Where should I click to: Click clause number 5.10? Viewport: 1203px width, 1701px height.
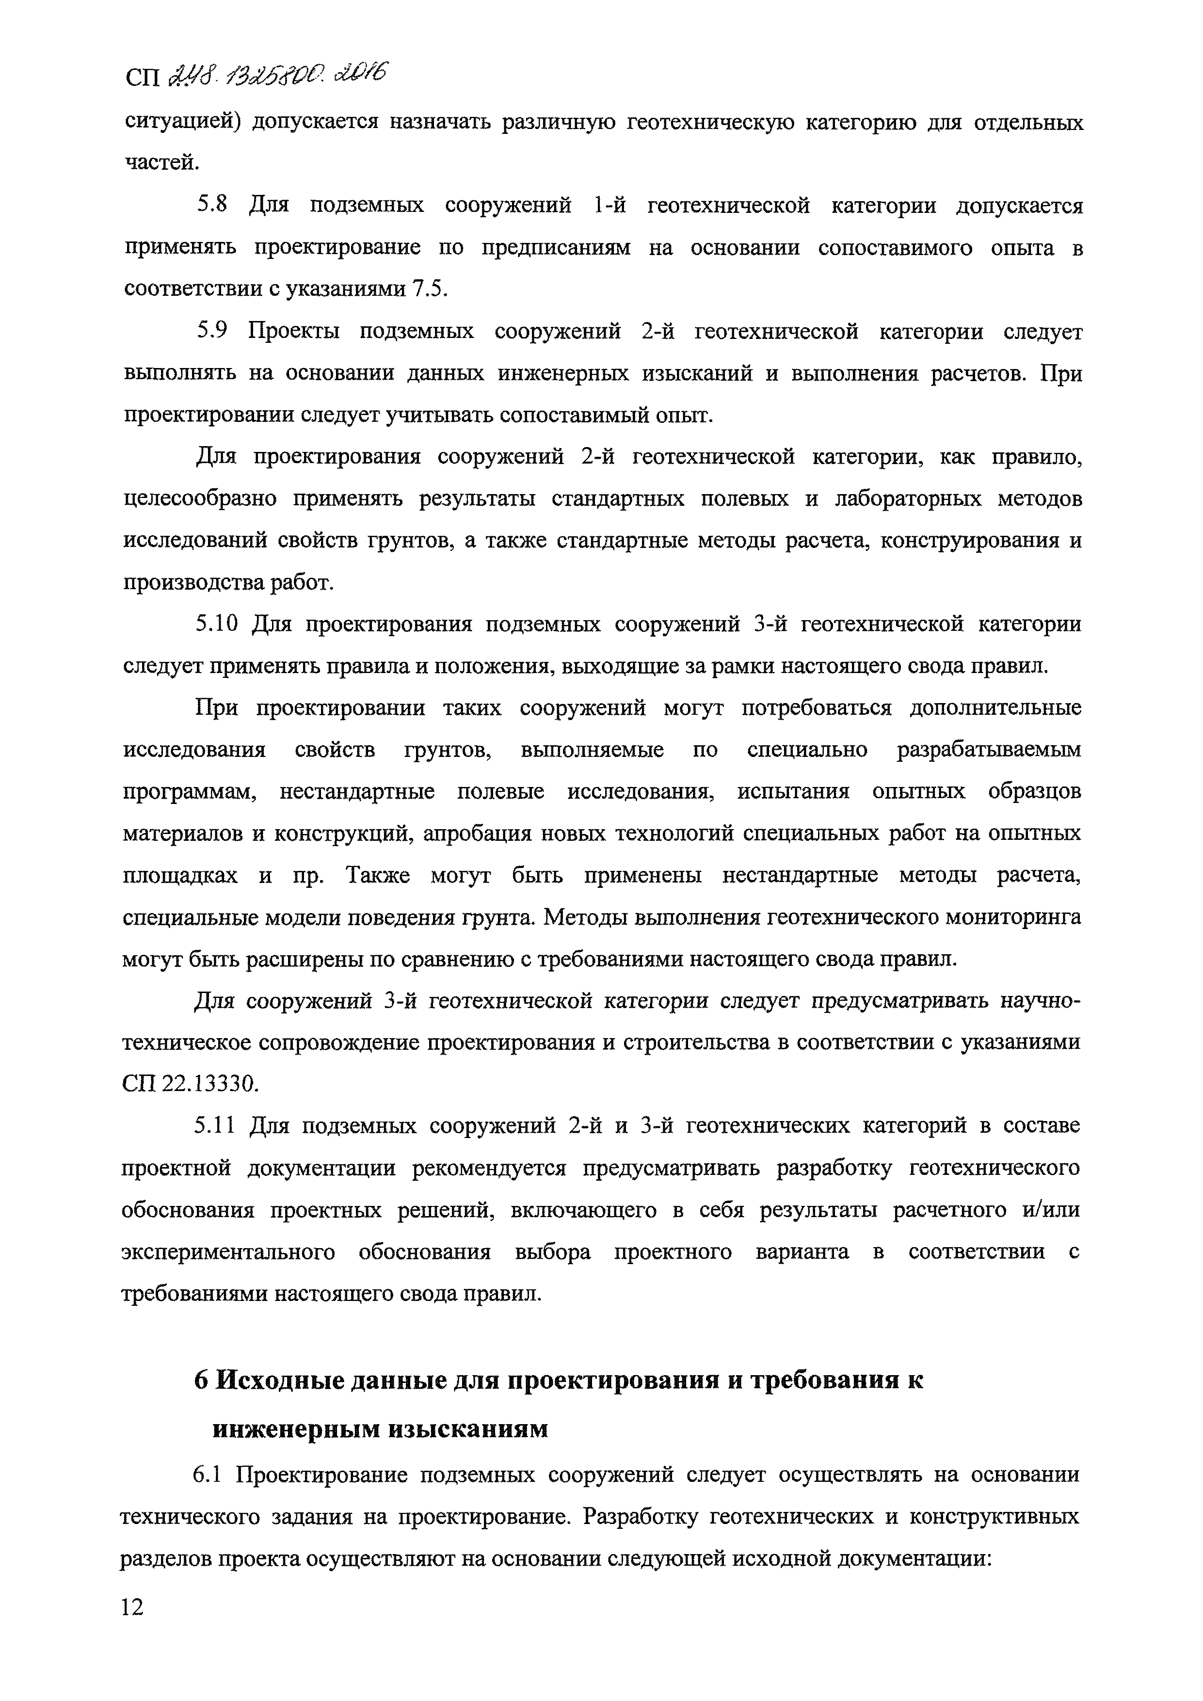[216, 625]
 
